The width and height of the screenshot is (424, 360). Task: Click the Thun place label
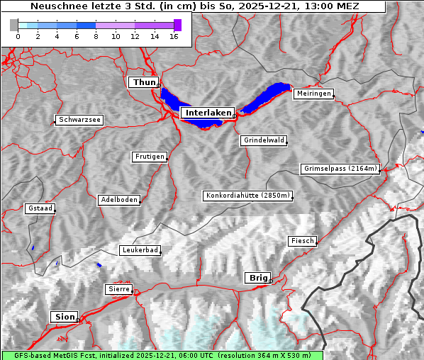(x=144, y=83)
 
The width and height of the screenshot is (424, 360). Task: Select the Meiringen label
(x=313, y=94)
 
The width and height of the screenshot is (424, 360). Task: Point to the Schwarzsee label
(x=79, y=120)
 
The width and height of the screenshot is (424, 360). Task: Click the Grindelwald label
(x=264, y=140)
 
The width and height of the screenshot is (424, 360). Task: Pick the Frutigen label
(x=149, y=157)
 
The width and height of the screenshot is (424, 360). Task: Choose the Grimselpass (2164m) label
(x=340, y=169)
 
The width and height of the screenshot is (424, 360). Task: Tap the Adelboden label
(x=118, y=200)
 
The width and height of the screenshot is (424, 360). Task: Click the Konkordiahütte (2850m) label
(x=247, y=196)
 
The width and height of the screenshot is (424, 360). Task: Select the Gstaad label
(x=40, y=208)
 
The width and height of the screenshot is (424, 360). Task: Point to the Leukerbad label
(x=140, y=250)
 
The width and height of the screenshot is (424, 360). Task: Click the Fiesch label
(x=302, y=241)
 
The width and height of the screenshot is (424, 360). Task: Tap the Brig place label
(x=257, y=278)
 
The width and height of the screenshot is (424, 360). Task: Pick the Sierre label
(x=118, y=289)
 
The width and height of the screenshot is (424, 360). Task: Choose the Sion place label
(x=64, y=317)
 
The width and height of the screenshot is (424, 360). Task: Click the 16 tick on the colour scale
(x=174, y=37)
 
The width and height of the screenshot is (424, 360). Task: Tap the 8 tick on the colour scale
(x=96, y=37)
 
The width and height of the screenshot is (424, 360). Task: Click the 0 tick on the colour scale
(x=18, y=37)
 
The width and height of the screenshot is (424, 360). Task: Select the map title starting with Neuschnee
(x=194, y=6)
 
